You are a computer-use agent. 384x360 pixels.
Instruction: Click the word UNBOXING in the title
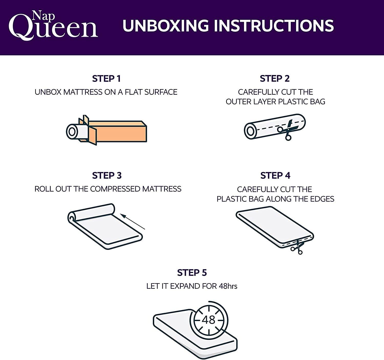point(166,26)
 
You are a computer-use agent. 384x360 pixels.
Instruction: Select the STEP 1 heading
point(106,79)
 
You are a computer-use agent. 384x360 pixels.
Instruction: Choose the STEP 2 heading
point(274,79)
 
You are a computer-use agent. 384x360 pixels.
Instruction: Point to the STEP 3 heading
point(107,176)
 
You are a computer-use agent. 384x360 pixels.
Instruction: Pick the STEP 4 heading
point(275,176)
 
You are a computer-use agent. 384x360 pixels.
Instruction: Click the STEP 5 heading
point(192,273)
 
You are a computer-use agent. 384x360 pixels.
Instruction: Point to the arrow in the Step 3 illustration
point(133,222)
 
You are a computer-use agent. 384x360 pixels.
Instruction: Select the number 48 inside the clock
point(209,320)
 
